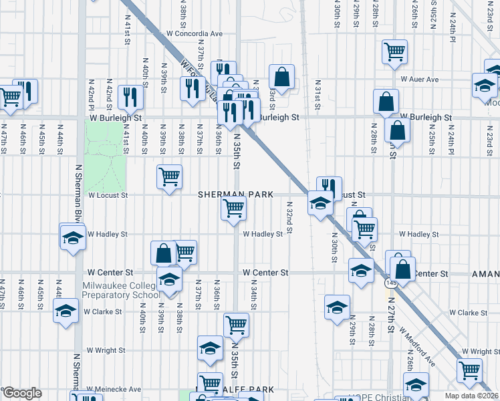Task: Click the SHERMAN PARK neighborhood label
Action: click(x=236, y=194)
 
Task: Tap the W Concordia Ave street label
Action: click(x=195, y=33)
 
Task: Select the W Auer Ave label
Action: click(x=419, y=79)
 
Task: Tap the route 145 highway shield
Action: click(x=388, y=284)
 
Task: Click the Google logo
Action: click(x=22, y=393)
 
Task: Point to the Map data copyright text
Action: click(x=472, y=396)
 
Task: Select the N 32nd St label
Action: click(x=289, y=219)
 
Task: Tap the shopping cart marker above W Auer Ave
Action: click(x=394, y=51)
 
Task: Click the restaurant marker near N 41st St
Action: click(x=130, y=96)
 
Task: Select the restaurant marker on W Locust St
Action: click(x=329, y=187)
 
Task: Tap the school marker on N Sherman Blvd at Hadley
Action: click(x=72, y=237)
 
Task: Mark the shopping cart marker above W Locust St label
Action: click(x=169, y=177)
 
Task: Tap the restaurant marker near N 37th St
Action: click(x=193, y=88)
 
